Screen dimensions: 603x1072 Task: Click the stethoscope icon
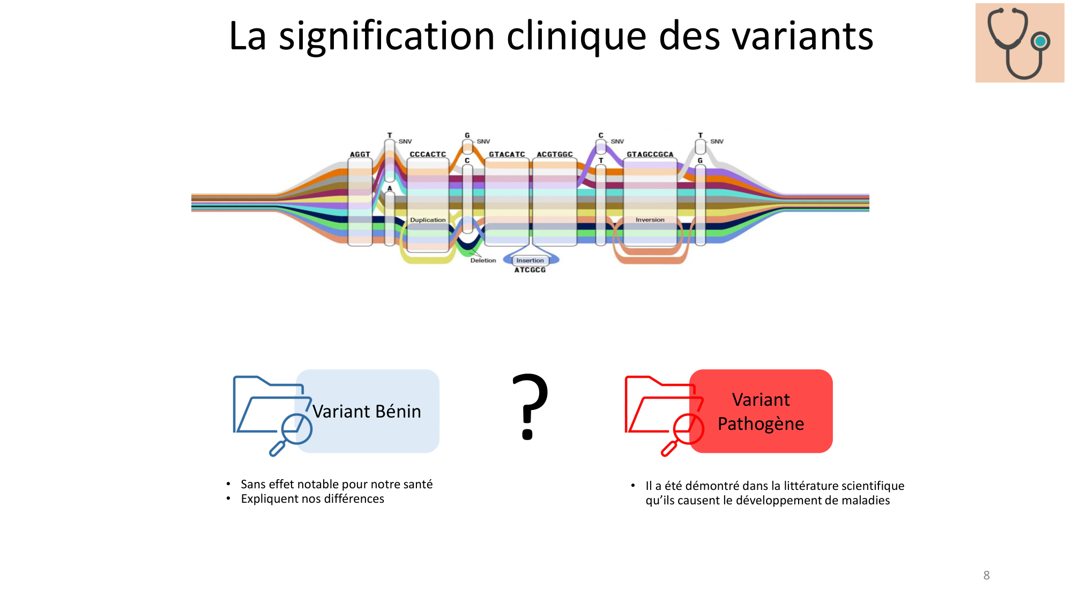pos(1019,43)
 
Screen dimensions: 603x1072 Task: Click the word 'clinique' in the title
pos(576,36)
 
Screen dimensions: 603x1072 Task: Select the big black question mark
pos(530,406)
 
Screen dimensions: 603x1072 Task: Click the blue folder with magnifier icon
pos(272,414)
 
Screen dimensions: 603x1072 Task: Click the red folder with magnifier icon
pos(664,414)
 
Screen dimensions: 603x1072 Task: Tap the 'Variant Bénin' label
pos(367,412)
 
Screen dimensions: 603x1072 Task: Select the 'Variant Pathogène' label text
pos(761,412)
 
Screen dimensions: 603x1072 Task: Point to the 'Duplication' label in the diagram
pos(428,220)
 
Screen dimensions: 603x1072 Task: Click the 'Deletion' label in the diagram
pos(483,260)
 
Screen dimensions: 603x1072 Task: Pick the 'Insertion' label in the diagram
pos(530,260)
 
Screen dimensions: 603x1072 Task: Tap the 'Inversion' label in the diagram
pos(650,220)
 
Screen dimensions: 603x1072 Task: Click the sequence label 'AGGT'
pos(360,154)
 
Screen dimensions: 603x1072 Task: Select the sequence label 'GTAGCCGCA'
pos(650,154)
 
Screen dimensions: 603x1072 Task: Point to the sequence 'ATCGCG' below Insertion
pos(530,270)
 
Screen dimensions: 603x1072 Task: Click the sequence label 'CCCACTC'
pos(428,154)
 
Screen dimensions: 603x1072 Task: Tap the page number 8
pos(986,575)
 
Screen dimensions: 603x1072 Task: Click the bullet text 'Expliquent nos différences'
pos(312,499)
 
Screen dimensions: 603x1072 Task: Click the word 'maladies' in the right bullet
pos(865,501)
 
